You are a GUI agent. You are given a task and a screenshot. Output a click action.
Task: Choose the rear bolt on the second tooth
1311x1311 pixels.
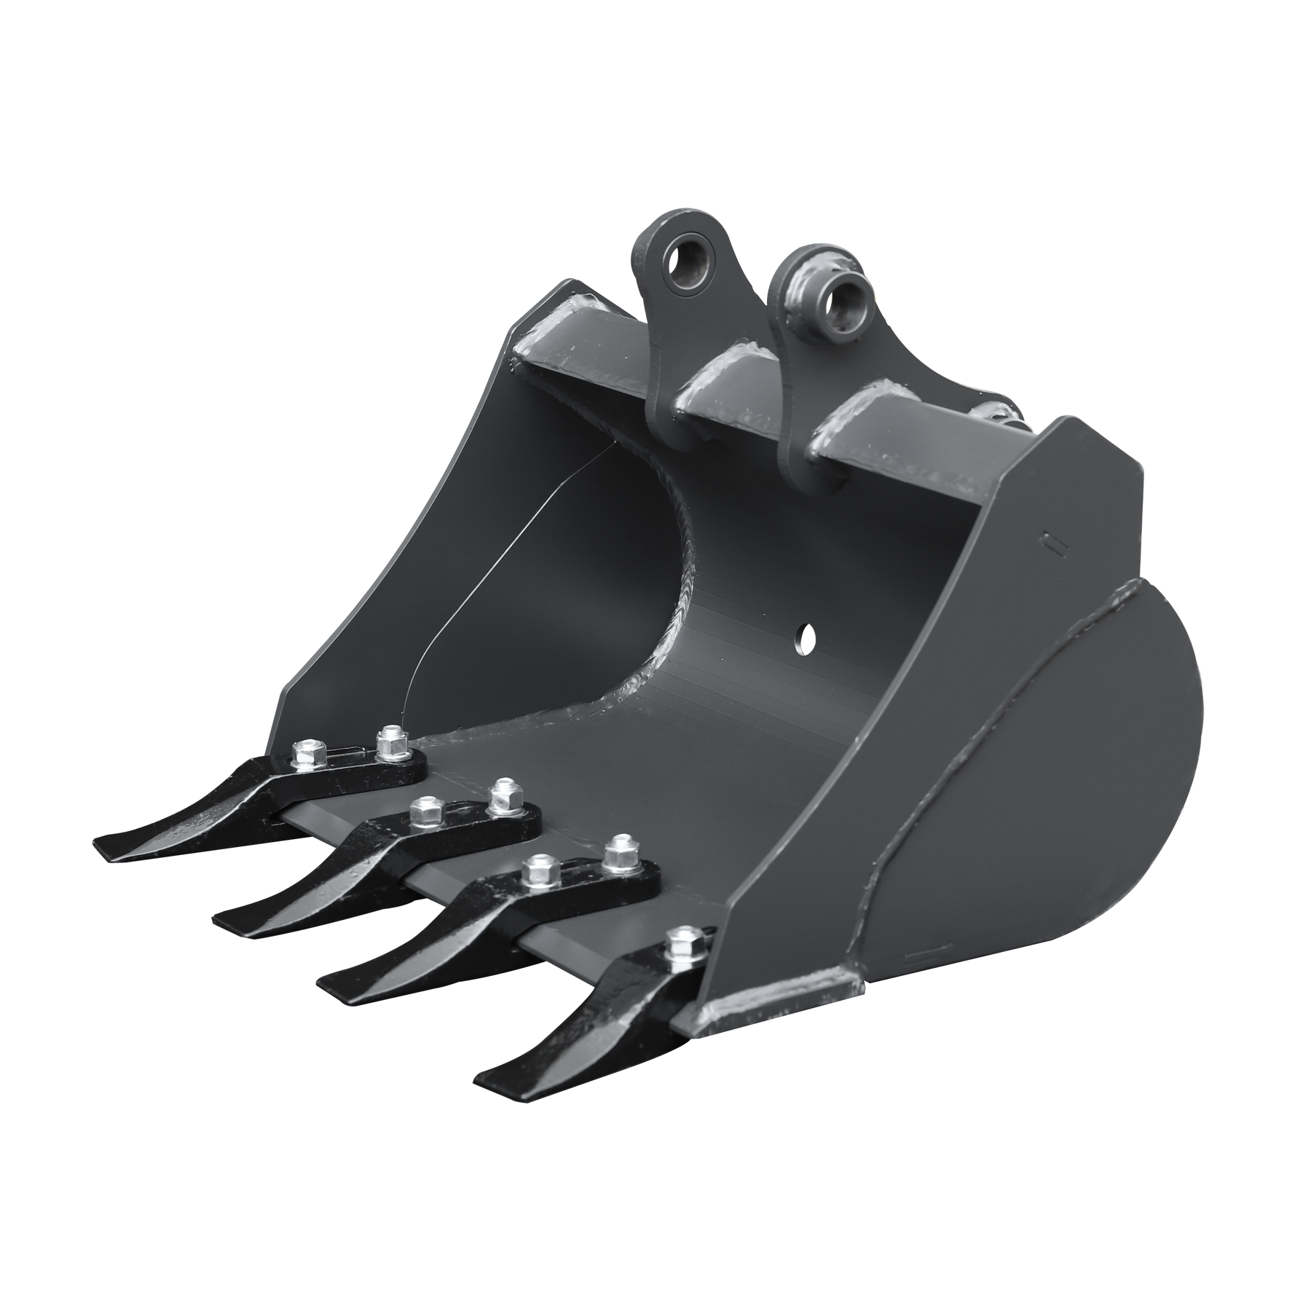coord(502,794)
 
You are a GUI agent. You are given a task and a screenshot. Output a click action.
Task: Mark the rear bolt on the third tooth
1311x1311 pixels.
coord(618,850)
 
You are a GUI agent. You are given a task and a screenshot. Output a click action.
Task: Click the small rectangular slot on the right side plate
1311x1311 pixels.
coord(1049,543)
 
